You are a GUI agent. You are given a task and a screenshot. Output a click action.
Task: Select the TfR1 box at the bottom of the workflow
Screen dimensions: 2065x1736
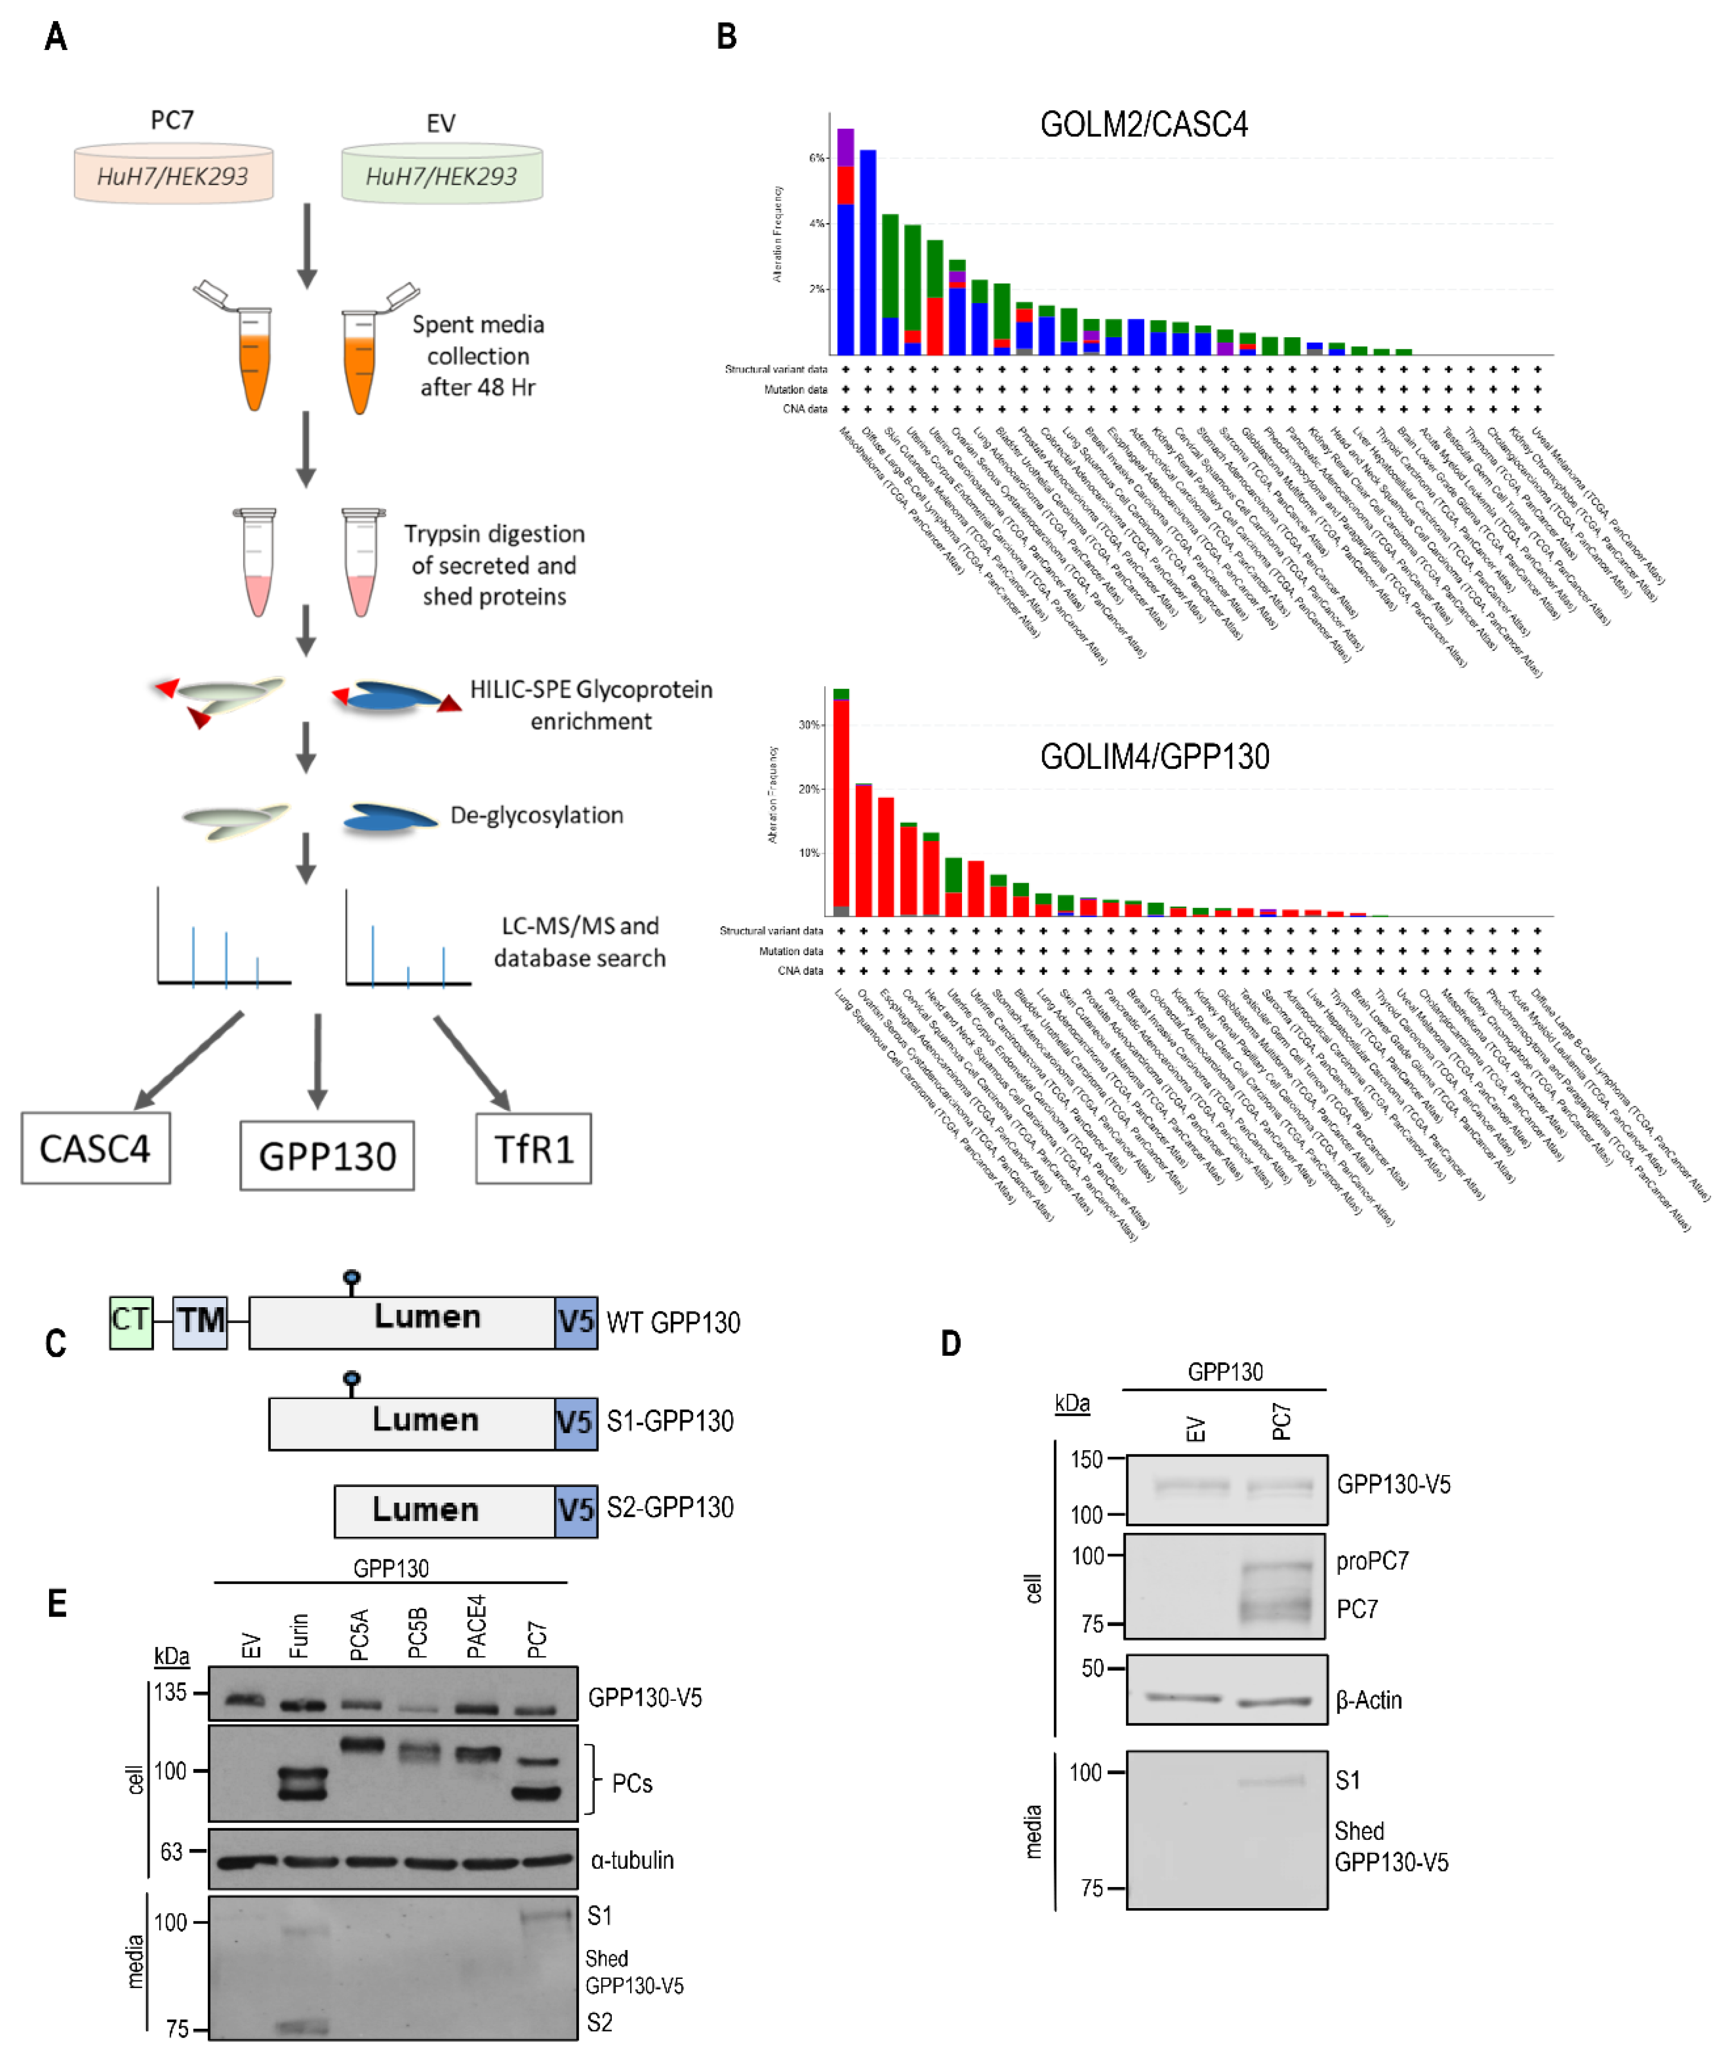coord(533,1148)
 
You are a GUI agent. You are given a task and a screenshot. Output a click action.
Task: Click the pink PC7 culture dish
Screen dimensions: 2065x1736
coord(173,175)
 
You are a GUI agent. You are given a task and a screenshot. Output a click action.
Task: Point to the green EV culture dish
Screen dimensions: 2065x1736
coord(442,175)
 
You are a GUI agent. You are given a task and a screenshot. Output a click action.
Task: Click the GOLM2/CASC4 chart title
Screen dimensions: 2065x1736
coord(1143,125)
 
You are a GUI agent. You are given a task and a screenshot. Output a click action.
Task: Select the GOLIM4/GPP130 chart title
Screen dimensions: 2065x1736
coord(1154,757)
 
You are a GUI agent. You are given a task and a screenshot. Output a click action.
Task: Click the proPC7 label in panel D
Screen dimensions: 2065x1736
coord(1372,1561)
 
